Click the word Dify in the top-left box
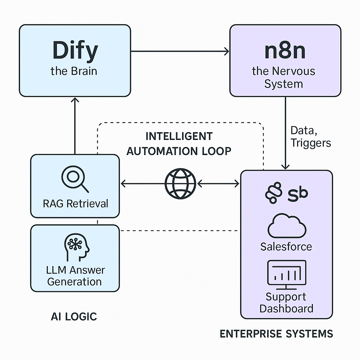[75, 50]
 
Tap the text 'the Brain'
[74, 71]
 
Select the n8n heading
[285, 50]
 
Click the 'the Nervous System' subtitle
[284, 77]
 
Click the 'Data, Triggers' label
[310, 137]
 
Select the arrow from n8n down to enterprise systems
[285, 134]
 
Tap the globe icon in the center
[180, 184]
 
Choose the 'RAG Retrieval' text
[76, 204]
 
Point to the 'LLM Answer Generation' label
[75, 276]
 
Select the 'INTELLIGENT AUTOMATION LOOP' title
[179, 143]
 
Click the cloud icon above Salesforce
[287, 227]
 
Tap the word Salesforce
[286, 246]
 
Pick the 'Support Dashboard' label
[286, 302]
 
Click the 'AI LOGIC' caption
[74, 316]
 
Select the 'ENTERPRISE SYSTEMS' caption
[276, 333]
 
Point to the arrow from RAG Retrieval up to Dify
[75, 127]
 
